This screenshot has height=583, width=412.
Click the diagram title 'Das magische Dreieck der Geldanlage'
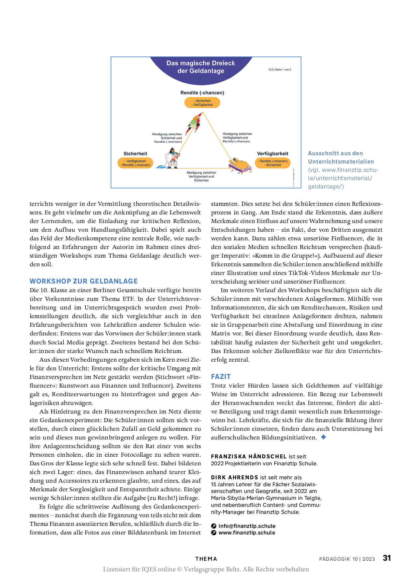pyautogui.click(x=201, y=67)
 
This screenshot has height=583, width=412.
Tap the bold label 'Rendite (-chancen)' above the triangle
pyautogui.click(x=202, y=93)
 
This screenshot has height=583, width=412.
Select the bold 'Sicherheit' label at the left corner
pyautogui.click(x=135, y=154)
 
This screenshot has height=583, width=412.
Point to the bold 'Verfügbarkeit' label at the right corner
pyautogui.click(x=272, y=154)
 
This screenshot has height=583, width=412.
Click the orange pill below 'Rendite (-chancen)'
pyautogui.click(x=202, y=103)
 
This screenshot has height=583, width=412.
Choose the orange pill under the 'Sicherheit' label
pyautogui.click(x=135, y=163)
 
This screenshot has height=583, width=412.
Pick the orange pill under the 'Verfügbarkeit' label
pyautogui.click(x=273, y=163)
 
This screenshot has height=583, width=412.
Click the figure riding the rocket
pyautogui.click(x=194, y=123)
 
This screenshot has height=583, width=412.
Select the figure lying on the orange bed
pyautogui.click(x=240, y=165)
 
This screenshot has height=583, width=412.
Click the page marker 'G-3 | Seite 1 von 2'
pyautogui.click(x=279, y=70)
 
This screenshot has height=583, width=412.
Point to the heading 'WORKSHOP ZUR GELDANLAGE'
pyautogui.click(x=84, y=281)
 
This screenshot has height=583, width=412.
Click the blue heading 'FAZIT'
pyautogui.click(x=221, y=377)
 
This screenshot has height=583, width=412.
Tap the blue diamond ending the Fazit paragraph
pyautogui.click(x=324, y=437)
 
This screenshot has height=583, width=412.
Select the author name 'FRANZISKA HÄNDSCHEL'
pyautogui.click(x=249, y=457)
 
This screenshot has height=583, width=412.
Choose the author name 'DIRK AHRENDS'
pyautogui.click(x=235, y=478)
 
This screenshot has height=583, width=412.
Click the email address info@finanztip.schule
pyautogui.click(x=247, y=526)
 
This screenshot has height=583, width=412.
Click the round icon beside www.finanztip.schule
pyautogui.click(x=214, y=533)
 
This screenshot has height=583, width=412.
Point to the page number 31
pyautogui.click(x=387, y=558)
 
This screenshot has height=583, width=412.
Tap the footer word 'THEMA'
pyautogui.click(x=206, y=559)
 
